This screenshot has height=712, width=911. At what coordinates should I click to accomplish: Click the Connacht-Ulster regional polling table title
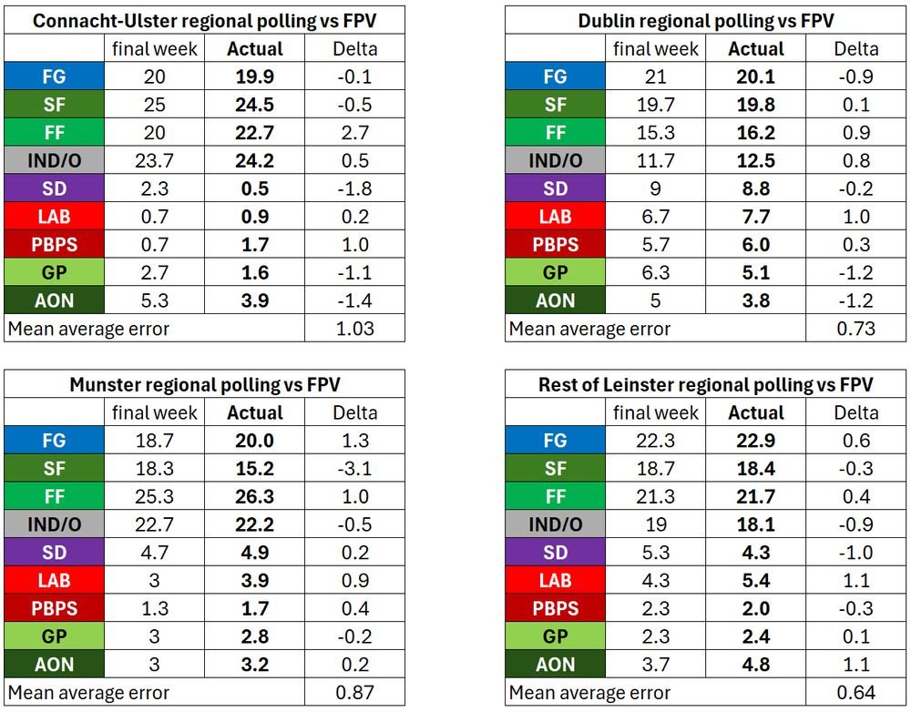coord(205,20)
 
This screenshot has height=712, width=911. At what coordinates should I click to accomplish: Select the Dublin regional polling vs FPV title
coord(706,20)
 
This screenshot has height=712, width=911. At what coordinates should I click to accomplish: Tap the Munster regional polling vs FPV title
coord(205,383)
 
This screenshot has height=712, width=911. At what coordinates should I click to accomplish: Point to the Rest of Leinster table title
coord(706,383)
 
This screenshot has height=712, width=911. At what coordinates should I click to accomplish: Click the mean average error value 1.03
coord(354,328)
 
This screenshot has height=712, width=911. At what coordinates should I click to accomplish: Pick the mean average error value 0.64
coord(856,692)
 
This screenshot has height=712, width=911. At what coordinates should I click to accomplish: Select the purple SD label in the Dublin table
coord(555,188)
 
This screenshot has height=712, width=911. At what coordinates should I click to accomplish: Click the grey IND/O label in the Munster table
coord(54,524)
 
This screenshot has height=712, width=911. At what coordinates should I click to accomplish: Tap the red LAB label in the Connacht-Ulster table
coord(54,217)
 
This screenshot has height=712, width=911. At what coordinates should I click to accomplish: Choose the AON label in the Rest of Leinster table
coord(555,664)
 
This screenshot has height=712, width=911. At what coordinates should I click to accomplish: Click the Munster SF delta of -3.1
coord(354,468)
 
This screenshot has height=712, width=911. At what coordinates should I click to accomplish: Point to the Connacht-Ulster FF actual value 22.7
coord(255,133)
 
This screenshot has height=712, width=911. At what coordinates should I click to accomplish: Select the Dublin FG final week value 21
coord(656,76)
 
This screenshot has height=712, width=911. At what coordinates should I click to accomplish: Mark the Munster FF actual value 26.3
coord(255,496)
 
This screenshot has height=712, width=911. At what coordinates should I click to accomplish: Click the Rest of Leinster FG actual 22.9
coord(756,440)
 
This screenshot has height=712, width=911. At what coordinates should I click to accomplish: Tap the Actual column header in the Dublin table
coord(756,48)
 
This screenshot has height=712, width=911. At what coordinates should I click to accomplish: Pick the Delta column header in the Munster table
coord(354,412)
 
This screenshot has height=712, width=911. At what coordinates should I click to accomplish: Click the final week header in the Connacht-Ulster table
coord(155,48)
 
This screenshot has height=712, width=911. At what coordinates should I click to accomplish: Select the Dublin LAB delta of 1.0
coord(856,217)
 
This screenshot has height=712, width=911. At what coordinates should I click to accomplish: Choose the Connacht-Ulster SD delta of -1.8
coord(354,188)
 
